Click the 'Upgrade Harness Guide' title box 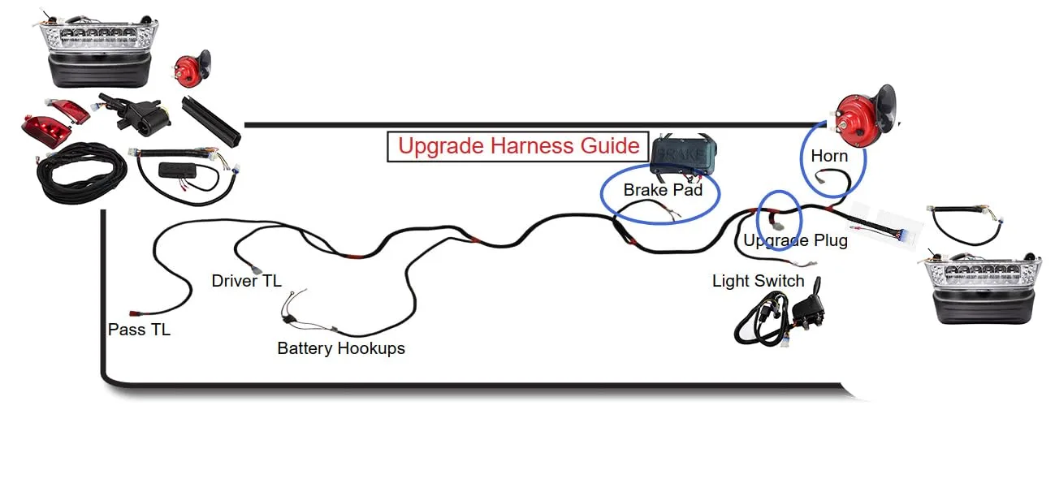pos(517,146)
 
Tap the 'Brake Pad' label pos(663,190)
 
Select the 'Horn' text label pos(829,156)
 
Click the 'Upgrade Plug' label pos(795,240)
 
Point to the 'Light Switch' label pos(758,281)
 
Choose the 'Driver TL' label pos(246,281)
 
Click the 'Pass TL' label pos(139,330)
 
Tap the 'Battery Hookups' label pos(341,348)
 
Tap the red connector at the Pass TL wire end pos(133,313)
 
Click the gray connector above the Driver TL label pos(256,270)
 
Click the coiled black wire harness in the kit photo pos(81,172)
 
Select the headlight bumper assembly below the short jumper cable pos(980,287)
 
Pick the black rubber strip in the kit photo pos(211,121)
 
